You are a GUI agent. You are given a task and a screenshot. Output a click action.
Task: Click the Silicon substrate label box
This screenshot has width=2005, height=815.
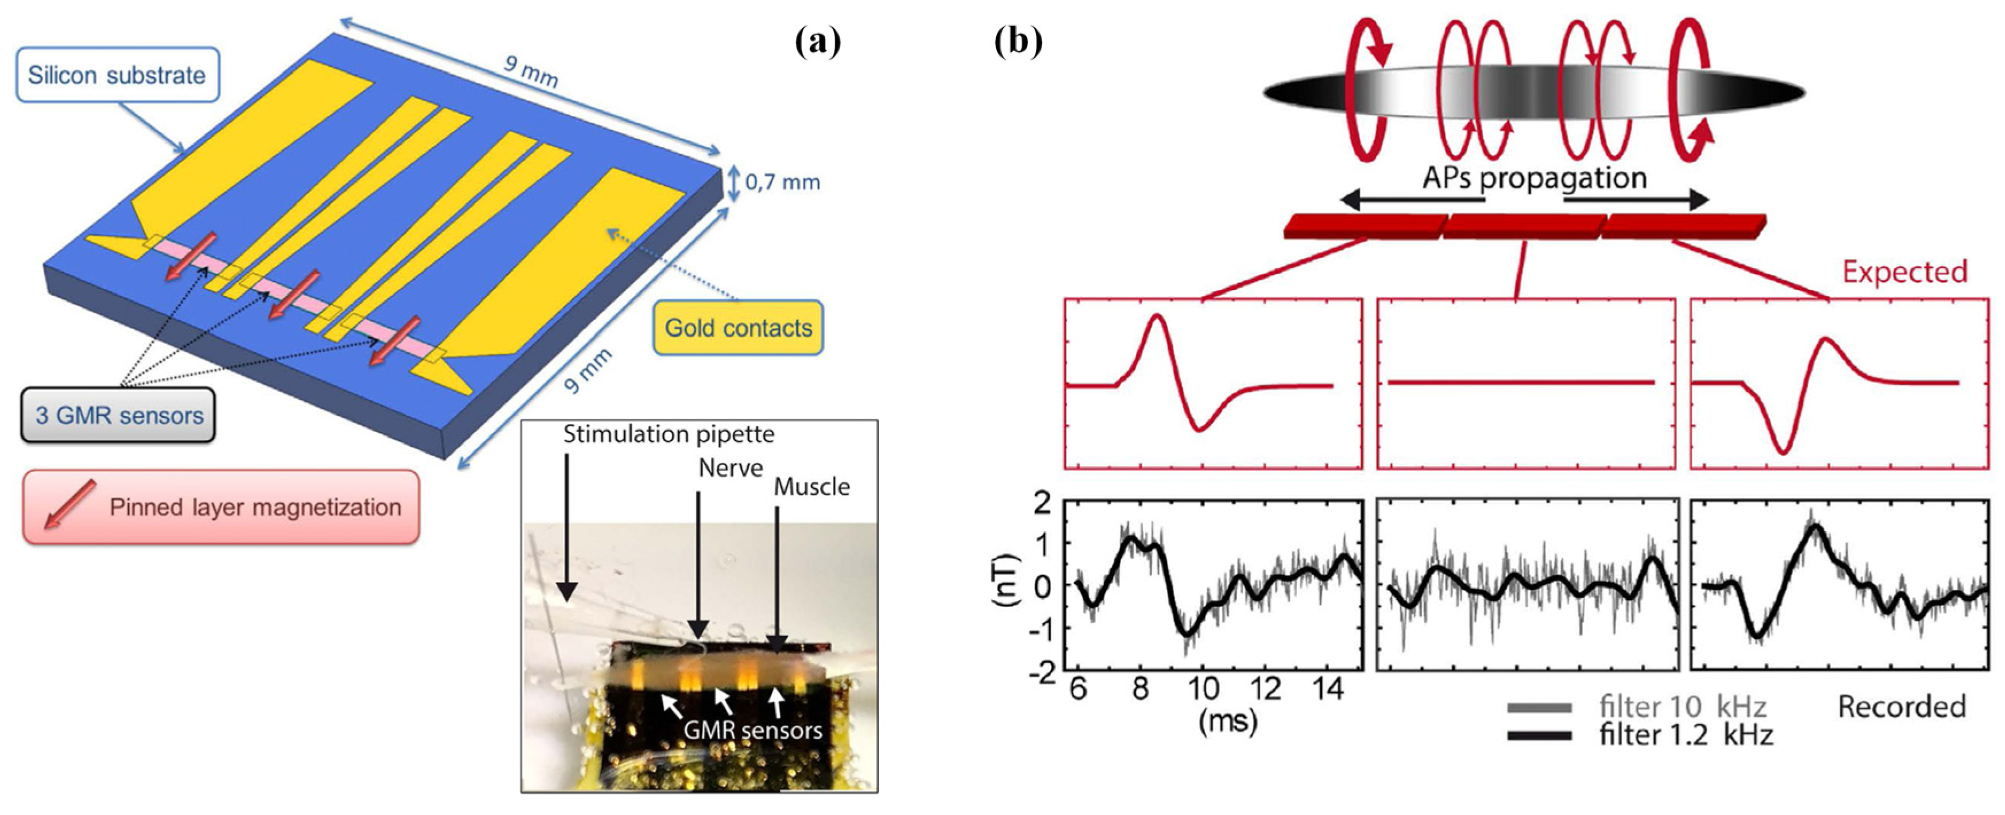tap(117, 75)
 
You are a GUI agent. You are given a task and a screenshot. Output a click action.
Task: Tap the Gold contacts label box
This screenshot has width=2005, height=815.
tap(738, 328)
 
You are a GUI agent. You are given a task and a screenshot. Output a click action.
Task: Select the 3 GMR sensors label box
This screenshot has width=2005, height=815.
tap(118, 415)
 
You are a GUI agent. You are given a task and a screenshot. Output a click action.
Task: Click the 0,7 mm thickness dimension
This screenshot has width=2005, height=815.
tap(782, 182)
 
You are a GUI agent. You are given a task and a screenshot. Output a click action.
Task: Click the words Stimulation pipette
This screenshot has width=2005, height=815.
tap(669, 434)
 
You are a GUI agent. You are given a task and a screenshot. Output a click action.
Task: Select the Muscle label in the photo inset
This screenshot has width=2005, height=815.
tap(811, 486)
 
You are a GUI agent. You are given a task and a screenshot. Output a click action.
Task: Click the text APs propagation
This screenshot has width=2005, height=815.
tap(1534, 177)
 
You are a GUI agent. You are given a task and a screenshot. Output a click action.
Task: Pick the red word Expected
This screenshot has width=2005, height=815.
tap(1904, 272)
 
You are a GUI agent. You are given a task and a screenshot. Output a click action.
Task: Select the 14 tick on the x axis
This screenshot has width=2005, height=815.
tap(1328, 689)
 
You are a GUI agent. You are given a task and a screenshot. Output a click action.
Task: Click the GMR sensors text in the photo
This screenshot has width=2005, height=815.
tap(752, 730)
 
